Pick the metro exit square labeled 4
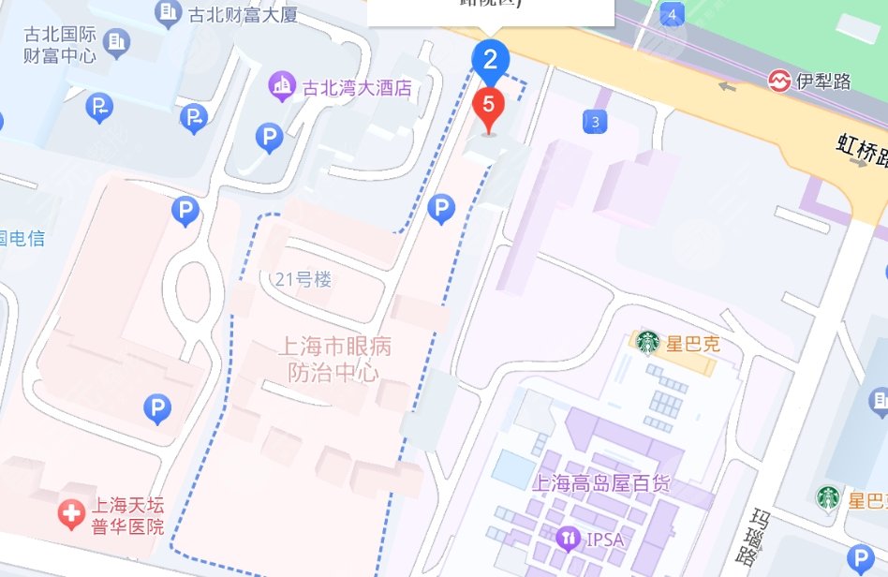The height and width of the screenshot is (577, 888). tap(671, 14)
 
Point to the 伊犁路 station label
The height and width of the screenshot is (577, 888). tap(823, 81)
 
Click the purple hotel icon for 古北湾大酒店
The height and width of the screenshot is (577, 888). tap(281, 87)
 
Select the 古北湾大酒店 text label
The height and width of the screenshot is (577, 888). tap(357, 88)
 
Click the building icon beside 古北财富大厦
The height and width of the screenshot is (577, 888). tap(169, 12)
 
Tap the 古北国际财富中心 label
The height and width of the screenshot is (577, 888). tap(60, 44)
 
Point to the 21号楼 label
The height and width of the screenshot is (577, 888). tap(303, 279)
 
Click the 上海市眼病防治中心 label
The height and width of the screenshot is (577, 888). tap(334, 359)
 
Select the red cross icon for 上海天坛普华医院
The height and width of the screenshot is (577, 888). tap(70, 514)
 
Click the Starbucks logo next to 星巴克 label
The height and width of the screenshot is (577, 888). tap(647, 343)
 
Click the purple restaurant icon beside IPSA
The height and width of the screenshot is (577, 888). tap(568, 539)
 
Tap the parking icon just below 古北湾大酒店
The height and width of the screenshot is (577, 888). tap(269, 139)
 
